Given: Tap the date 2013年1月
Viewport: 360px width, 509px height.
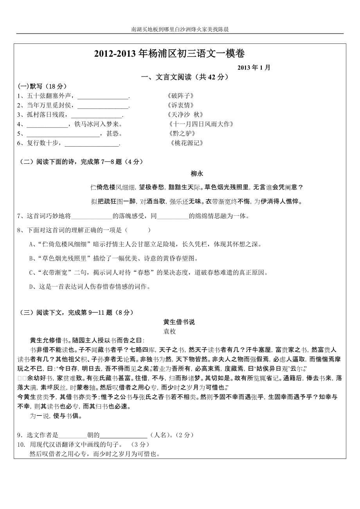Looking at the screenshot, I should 254,67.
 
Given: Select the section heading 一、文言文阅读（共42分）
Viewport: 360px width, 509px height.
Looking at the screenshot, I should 185,77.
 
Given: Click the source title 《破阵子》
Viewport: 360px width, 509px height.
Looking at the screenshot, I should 180,96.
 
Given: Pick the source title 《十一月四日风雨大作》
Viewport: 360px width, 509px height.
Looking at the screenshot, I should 202,124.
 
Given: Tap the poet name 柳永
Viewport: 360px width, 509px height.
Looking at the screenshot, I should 196,174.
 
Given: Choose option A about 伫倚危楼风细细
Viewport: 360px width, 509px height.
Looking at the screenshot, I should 145,244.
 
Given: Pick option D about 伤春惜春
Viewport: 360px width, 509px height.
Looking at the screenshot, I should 90,287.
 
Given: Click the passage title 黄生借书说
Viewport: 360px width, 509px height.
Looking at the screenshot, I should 179,322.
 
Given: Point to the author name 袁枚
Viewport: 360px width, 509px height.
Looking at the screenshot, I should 169,331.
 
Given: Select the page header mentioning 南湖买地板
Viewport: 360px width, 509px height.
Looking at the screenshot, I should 180,29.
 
